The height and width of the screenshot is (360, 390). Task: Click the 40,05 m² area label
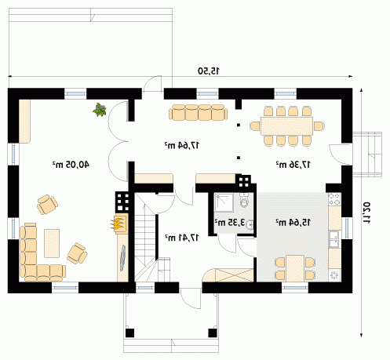(71, 165)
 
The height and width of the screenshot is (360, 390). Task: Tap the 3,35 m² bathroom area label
(230, 223)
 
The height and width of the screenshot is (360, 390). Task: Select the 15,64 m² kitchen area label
(293, 223)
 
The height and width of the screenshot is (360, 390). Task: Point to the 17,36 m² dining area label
(293, 165)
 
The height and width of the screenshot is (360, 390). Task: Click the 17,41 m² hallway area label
(182, 238)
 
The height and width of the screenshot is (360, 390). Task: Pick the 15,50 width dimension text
(209, 71)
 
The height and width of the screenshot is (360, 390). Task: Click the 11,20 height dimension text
(366, 213)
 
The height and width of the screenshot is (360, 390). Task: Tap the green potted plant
(100, 110)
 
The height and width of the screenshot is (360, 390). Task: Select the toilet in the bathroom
(244, 201)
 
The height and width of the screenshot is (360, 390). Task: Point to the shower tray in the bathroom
(224, 203)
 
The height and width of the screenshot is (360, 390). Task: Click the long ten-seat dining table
(286, 126)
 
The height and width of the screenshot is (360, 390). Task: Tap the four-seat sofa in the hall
(198, 113)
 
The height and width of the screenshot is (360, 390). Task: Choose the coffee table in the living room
(52, 243)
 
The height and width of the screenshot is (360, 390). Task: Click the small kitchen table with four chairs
(295, 268)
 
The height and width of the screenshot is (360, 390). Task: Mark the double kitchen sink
(334, 239)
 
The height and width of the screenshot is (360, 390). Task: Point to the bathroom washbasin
(250, 224)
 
